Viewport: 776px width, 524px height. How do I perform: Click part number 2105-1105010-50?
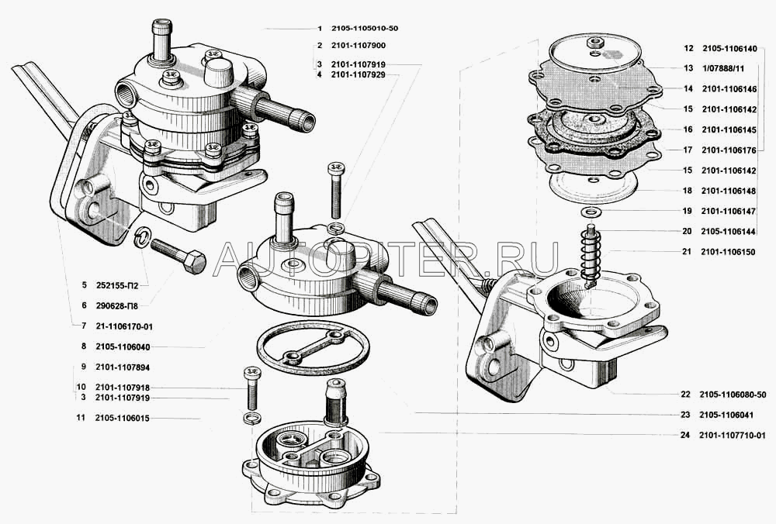(365, 28)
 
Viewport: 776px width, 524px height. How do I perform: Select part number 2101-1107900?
(359, 46)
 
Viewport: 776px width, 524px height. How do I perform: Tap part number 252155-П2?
(117, 285)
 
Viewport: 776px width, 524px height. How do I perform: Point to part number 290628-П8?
(117, 306)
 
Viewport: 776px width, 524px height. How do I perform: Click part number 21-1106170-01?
(124, 326)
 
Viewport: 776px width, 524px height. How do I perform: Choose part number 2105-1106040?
(123, 347)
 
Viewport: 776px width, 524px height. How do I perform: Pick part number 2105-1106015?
(123, 419)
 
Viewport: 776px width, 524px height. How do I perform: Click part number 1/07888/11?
(722, 69)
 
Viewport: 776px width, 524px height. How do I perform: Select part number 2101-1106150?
(728, 252)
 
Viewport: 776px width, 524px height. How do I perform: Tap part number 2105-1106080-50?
(733, 395)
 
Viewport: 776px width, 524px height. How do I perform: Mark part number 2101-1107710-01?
(733, 436)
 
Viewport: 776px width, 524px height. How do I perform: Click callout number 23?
(685, 415)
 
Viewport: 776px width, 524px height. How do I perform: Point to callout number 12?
(689, 48)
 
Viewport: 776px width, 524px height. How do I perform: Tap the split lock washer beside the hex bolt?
(144, 236)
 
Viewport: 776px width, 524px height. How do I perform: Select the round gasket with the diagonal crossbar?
(314, 348)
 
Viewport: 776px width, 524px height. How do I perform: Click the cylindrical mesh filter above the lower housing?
(336, 402)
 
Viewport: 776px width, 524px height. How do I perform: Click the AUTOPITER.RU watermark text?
(386, 259)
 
